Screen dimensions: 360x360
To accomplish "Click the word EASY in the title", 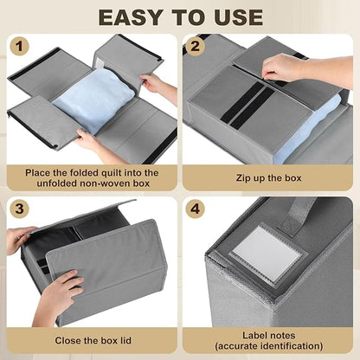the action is pos(134,17).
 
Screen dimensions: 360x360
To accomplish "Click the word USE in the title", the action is pos(239,17).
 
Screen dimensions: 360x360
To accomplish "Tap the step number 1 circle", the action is pos(20,47).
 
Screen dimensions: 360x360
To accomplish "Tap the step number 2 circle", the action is pos(196,46).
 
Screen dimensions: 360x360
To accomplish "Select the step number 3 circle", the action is pos(20,209).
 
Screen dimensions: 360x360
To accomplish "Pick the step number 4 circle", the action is pos(196,209).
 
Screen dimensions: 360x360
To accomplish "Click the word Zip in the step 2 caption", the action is pos(242,178).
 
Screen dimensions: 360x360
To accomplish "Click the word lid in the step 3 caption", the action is pos(125,340).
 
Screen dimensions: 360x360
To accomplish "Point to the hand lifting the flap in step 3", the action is pos(20,240).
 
